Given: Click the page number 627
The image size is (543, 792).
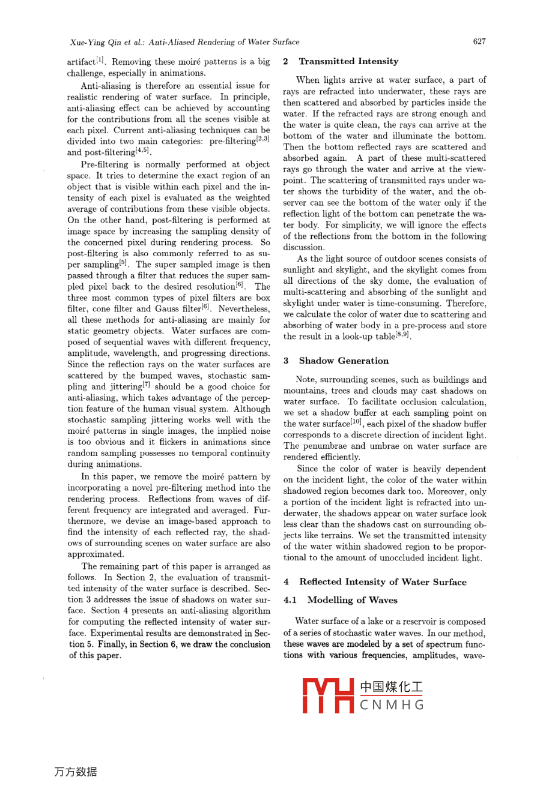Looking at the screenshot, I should tap(479, 41).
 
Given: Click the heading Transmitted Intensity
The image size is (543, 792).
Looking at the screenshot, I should tap(348, 61).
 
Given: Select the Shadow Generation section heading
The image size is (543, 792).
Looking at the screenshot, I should tap(344, 361).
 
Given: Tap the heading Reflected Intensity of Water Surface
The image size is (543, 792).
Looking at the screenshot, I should tap(383, 581).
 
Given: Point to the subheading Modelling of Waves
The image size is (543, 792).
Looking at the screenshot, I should tap(352, 600).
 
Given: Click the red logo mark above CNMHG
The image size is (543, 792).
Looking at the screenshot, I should tap(327, 695).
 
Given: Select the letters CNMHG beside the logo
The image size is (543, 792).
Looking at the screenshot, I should tap(392, 705).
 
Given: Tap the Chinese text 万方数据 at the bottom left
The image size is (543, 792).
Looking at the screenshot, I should tap(76, 772).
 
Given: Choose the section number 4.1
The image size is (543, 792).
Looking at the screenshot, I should tap(291, 600).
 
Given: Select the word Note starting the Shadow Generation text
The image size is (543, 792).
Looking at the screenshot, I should tap(306, 380).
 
